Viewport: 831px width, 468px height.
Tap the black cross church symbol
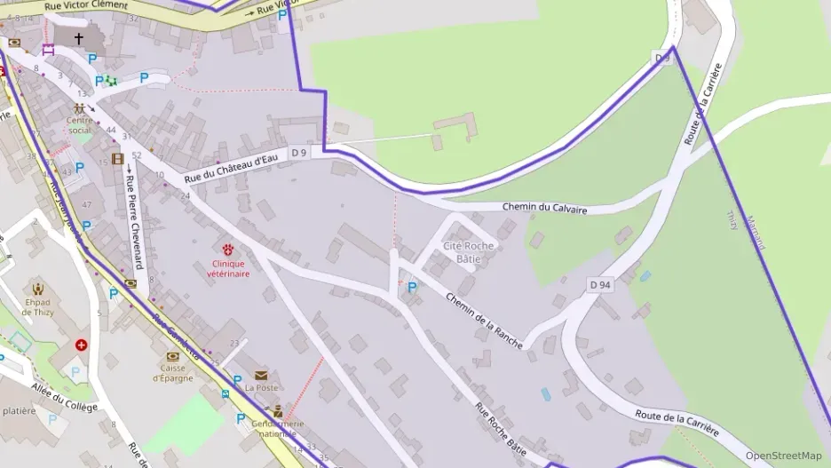(78, 38)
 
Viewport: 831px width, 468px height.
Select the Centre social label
(80, 125)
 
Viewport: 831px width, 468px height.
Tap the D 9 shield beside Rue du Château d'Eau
(299, 153)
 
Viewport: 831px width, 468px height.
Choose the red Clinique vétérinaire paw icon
(228, 250)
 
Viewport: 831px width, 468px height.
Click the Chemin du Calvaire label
(544, 208)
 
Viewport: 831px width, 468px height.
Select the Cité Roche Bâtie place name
(469, 252)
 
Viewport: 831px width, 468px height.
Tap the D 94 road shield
(600, 284)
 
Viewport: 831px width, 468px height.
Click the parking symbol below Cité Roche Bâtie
(411, 288)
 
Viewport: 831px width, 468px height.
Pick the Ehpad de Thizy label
(38, 306)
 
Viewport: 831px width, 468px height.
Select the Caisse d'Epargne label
(172, 373)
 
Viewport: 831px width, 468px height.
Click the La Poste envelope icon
(261, 376)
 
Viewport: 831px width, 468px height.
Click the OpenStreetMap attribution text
(783, 456)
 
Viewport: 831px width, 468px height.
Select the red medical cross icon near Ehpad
(82, 345)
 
